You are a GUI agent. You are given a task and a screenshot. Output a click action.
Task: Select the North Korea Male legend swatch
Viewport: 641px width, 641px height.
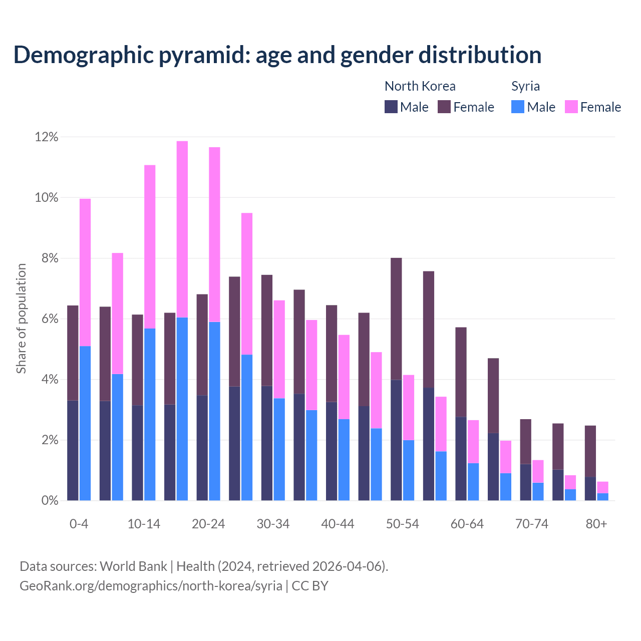click(x=391, y=107)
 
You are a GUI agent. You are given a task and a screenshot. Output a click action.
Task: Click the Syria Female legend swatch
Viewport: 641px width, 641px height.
click(x=571, y=107)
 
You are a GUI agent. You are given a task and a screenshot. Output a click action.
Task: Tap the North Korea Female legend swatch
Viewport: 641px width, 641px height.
click(x=444, y=107)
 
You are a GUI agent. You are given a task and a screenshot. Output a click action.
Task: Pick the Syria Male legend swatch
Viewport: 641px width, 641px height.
click(x=518, y=107)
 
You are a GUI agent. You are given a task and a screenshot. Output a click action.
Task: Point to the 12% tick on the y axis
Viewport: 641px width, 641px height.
click(x=47, y=137)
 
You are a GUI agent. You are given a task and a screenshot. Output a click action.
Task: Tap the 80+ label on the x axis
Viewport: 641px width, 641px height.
click(x=596, y=524)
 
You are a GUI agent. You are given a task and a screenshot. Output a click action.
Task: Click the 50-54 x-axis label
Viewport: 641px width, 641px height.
click(x=402, y=524)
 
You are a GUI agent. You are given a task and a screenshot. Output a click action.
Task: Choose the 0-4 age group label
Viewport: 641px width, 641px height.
click(x=79, y=524)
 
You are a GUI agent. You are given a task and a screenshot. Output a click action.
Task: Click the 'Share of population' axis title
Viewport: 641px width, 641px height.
click(x=22, y=318)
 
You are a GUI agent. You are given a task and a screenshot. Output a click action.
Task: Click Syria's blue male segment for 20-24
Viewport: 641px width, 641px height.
click(x=214, y=411)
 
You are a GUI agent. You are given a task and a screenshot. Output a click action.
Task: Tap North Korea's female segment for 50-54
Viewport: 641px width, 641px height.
click(x=396, y=318)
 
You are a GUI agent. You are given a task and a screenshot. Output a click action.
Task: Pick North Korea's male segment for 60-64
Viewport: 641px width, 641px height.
click(x=461, y=458)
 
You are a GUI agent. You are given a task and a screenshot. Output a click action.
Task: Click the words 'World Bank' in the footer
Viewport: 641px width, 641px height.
click(x=133, y=566)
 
